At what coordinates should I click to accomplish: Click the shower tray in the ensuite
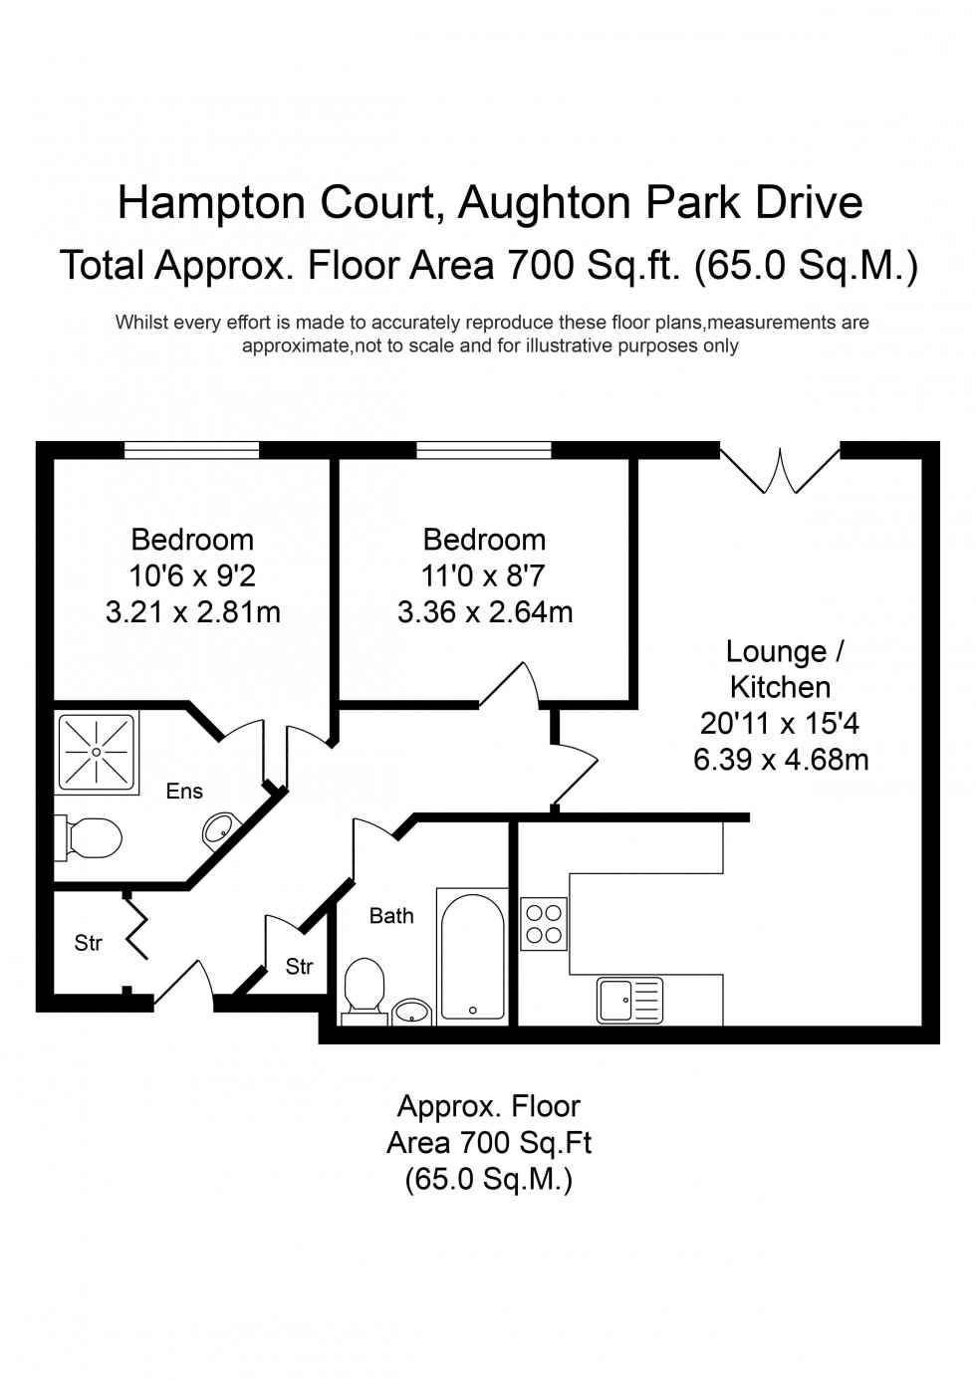pos(96,752)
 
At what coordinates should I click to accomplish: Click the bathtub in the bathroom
pos(473,957)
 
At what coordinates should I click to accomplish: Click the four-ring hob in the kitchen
pos(544,922)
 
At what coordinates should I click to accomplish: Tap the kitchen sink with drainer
pos(630,1000)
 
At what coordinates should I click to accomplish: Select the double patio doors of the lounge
pos(780,469)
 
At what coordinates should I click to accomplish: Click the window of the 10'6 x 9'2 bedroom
pos(192,451)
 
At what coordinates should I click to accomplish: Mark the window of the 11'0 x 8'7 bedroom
pos(484,451)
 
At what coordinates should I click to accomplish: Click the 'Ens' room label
pos(184,792)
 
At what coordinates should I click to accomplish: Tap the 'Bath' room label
pos(391,915)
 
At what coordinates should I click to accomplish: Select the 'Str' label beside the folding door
pos(89,942)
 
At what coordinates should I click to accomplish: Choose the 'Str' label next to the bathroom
pos(300,966)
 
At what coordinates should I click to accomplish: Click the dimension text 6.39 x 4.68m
pos(781,761)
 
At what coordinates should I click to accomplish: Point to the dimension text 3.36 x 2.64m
pos(485,611)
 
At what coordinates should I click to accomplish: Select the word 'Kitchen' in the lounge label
pos(781,687)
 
